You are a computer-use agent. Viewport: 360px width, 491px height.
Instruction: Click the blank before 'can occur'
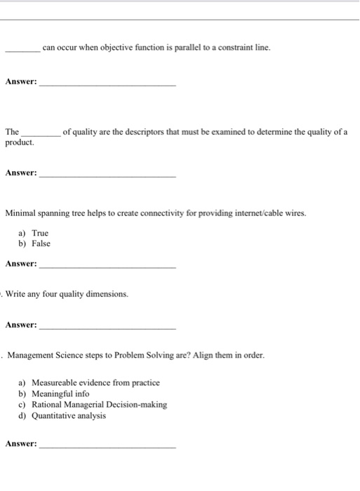tap(22, 49)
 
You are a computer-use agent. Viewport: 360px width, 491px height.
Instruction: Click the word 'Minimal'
tap(20, 213)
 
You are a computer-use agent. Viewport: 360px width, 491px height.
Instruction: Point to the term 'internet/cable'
tap(242, 213)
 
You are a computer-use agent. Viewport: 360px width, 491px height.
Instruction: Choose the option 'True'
tap(41, 233)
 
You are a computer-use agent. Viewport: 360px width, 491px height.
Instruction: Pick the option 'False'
tap(41, 243)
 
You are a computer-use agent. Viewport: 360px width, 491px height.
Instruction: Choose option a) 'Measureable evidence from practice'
tap(95, 383)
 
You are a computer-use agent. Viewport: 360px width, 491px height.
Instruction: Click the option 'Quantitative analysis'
tap(69, 415)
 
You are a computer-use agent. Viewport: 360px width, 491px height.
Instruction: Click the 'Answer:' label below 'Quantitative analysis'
tap(21, 444)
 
